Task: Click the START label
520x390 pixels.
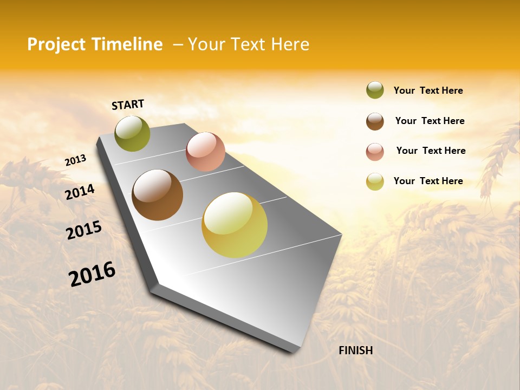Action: [128, 105]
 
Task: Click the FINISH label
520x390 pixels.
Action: [355, 350]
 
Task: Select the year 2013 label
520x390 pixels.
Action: [75, 160]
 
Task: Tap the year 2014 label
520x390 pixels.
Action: [80, 192]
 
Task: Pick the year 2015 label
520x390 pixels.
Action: [84, 230]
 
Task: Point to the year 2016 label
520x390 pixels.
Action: [92, 274]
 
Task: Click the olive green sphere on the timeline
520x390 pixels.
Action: [132, 133]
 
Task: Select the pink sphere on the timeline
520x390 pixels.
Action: [205, 152]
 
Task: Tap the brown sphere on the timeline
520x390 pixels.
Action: [157, 195]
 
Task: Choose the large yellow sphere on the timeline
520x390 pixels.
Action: [235, 225]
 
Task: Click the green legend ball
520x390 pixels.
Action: [375, 90]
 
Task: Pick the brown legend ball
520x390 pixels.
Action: [375, 121]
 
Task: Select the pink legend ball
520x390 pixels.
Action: [375, 152]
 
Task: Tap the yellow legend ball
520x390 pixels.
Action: [375, 181]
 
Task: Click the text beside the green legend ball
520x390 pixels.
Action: [428, 90]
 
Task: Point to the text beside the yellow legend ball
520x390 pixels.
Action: [428, 181]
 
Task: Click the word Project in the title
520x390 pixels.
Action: [56, 44]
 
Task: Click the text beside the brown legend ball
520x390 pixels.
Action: [430, 121]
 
